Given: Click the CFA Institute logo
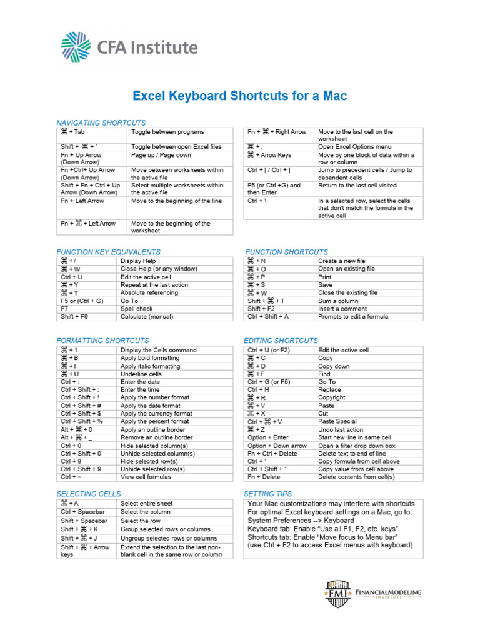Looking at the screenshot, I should coord(129,48).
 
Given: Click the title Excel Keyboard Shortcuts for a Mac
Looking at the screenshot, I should coord(239,96).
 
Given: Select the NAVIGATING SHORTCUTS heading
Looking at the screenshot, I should coord(101,123).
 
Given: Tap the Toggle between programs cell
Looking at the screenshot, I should coord(167,132).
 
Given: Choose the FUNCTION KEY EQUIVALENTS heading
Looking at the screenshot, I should coord(109,252).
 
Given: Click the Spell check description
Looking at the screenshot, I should coord(136,309).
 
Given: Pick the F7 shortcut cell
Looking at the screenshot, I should coord(64,309).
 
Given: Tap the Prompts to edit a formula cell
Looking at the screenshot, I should coord(353,317).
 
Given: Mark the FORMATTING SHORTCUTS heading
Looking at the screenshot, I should coord(102,341).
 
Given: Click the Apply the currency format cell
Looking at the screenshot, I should coord(156,414).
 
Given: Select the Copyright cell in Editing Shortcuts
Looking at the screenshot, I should coord(331,397).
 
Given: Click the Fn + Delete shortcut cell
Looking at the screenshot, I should coord(264,477).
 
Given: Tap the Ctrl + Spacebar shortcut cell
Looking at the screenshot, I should coord(84,512).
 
